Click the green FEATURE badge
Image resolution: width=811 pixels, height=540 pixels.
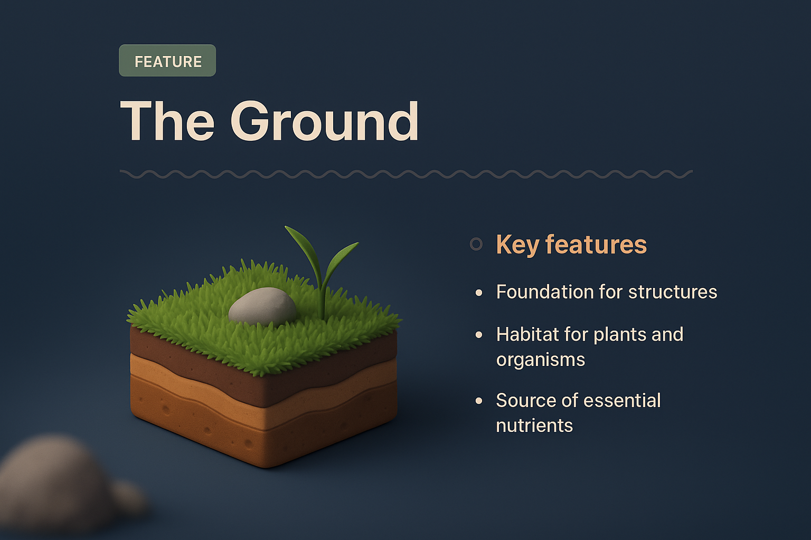[167, 61]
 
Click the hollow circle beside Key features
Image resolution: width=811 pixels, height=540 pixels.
[476, 244]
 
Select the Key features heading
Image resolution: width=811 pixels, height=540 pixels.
[571, 245]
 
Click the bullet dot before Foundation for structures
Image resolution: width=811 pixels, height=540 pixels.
[479, 293]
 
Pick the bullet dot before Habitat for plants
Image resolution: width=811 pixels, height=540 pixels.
[479, 335]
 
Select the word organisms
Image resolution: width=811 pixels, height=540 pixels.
[540, 360]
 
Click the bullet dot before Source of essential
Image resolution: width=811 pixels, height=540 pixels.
[479, 401]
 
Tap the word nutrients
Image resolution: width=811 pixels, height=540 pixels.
[534, 426]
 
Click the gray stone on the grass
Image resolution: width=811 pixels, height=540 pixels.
[262, 306]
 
